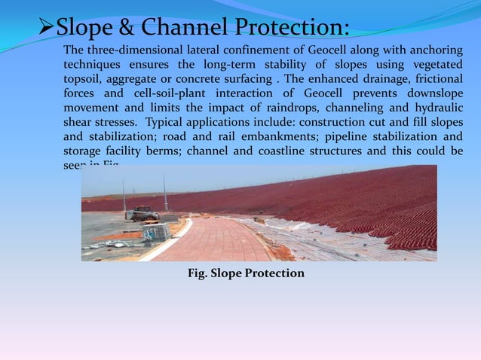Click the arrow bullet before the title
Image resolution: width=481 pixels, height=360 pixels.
click(47, 28)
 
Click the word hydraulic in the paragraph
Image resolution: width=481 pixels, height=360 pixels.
click(436, 108)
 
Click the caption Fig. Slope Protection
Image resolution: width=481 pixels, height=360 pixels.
click(246, 273)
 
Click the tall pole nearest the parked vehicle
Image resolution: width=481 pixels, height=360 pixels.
click(165, 192)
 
